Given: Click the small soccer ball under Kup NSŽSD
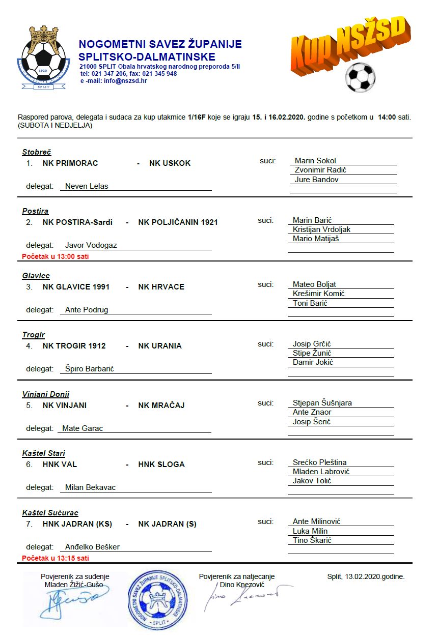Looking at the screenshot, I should click(360, 78).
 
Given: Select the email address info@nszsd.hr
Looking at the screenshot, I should click(125, 81).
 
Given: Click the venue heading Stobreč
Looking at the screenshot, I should click(37, 152).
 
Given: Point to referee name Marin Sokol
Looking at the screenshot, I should click(315, 161).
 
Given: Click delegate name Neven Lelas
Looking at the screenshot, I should click(87, 186).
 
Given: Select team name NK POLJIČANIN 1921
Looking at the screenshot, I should click(178, 222).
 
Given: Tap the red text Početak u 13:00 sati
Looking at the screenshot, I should click(56, 256).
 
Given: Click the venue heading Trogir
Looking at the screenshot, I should click(34, 335).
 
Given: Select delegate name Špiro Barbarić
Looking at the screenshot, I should click(90, 369).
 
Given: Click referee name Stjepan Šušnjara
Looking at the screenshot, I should click(322, 403).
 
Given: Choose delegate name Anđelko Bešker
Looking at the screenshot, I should click(92, 547).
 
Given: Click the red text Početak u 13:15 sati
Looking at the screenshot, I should click(56, 558).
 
